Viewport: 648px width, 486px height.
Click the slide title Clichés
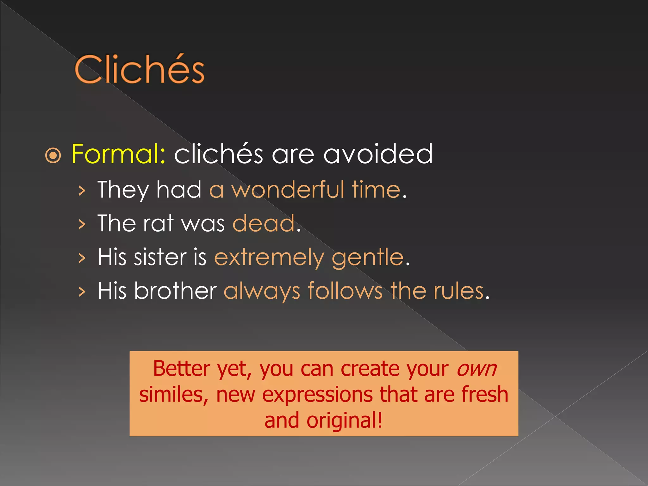tap(140, 70)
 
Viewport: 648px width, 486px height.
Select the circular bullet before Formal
tap(53, 155)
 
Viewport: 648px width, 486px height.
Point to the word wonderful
tap(288, 190)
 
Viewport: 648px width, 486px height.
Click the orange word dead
tap(264, 223)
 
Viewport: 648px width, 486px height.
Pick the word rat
tap(158, 223)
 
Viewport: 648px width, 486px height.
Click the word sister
tap(160, 257)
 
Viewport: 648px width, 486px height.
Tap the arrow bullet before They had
tap(82, 190)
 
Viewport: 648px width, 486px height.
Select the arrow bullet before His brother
tap(82, 291)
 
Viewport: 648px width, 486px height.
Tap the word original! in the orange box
tap(345, 421)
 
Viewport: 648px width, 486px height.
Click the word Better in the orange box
tap(182, 369)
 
